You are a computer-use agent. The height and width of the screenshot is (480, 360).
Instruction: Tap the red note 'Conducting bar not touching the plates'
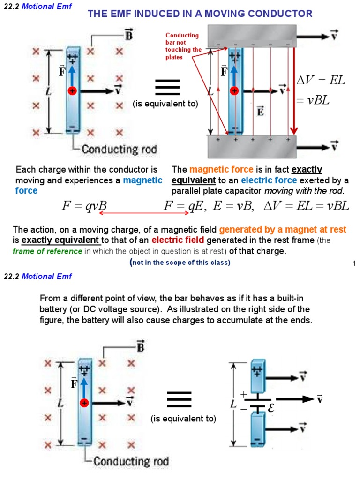[183, 46]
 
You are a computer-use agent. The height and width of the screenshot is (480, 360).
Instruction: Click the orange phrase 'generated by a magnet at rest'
[283, 230]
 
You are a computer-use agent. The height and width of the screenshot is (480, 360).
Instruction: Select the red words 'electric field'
[178, 240]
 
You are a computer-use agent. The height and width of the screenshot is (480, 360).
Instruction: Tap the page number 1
[354, 263]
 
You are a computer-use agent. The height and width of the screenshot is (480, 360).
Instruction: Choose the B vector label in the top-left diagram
[128, 35]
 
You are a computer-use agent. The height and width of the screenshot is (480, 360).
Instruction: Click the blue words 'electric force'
[269, 180]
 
